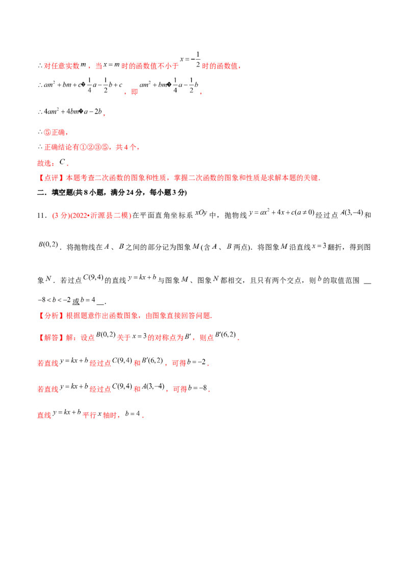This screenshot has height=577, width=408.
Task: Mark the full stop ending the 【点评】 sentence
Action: pyautogui.click(x=321, y=179)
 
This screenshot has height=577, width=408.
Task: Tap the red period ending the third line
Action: pyautogui.click(x=105, y=116)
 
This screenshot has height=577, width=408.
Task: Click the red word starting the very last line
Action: pyautogui.click(x=44, y=416)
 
